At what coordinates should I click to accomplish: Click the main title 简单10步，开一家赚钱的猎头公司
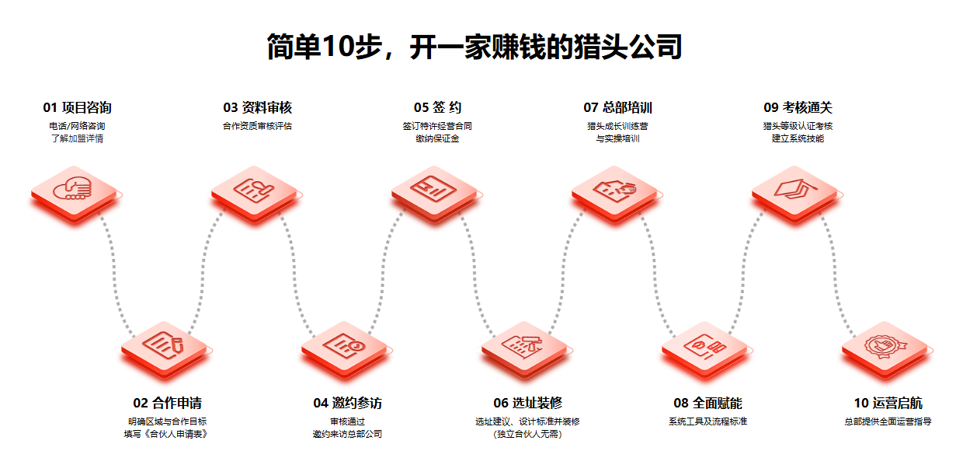tap(474, 47)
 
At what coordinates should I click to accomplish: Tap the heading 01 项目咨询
tap(77, 107)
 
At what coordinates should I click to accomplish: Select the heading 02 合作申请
tap(167, 403)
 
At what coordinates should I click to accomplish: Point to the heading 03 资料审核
tap(257, 107)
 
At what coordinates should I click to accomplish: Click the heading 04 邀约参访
tap(347, 403)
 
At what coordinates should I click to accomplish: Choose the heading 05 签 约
tap(437, 107)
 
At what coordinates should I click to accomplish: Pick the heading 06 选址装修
tap(527, 403)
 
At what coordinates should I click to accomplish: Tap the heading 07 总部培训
tap(617, 107)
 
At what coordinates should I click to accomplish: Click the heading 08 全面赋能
tap(707, 403)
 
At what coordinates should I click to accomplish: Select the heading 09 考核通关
tap(798, 107)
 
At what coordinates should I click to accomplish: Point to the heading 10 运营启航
tap(888, 403)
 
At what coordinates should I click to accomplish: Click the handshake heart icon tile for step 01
tap(75, 191)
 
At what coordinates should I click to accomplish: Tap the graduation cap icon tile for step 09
tap(796, 191)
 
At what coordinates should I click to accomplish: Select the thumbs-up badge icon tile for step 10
tap(886, 346)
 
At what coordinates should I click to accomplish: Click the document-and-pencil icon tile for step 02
tap(165, 346)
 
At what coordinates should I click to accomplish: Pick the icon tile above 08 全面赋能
tap(706, 346)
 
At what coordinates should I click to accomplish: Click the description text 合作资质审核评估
tap(257, 125)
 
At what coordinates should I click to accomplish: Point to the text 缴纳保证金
tap(437, 138)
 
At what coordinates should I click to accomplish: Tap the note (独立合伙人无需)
tap(527, 434)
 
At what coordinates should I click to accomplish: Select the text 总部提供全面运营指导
tap(888, 421)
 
